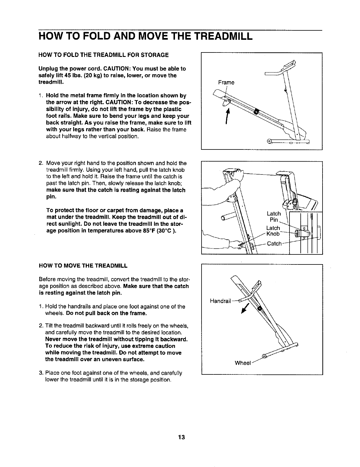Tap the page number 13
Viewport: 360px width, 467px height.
(x=181, y=437)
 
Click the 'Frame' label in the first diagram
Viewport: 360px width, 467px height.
(x=226, y=83)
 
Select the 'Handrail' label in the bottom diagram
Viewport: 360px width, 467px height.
(x=220, y=301)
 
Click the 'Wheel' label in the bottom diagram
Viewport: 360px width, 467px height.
(x=243, y=363)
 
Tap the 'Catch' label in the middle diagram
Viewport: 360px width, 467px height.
(x=274, y=244)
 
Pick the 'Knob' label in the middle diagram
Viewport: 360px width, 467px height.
(x=273, y=234)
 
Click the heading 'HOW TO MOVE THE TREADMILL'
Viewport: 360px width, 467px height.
(x=83, y=266)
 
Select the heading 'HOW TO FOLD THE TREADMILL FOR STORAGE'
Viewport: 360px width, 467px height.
(x=104, y=55)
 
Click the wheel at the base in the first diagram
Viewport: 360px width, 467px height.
(x=269, y=141)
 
